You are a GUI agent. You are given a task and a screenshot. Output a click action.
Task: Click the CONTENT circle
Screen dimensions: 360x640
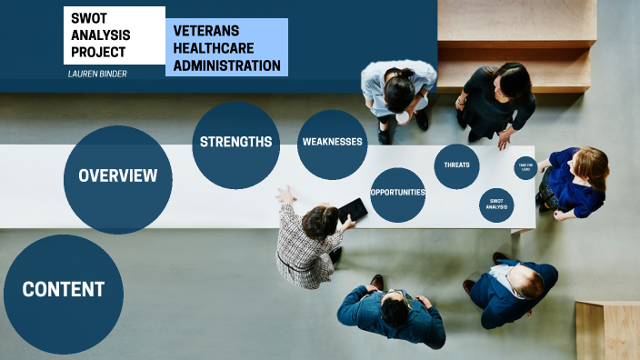point(64,290)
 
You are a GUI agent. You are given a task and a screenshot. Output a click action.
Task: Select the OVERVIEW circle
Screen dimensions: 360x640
point(118,176)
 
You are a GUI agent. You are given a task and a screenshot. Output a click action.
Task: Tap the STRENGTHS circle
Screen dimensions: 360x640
point(235,143)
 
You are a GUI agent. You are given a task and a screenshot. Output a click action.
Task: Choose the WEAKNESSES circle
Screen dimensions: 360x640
point(332,143)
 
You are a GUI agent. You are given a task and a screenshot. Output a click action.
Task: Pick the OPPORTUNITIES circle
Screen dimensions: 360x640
point(398,193)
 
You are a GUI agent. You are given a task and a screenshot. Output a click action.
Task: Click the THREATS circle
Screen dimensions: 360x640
point(456,165)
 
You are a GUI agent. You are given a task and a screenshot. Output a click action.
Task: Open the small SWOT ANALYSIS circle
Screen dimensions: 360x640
point(496,205)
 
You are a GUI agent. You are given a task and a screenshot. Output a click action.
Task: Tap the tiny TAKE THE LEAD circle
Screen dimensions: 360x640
point(525,167)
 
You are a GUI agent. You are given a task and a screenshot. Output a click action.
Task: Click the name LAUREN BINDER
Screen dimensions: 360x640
point(97,74)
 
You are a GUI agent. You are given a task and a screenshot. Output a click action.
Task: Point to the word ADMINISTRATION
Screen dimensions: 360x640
point(227,65)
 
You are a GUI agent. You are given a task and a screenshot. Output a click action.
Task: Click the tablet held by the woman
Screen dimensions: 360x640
point(354,211)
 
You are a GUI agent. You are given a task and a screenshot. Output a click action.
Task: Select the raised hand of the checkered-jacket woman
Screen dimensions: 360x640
point(285,194)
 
